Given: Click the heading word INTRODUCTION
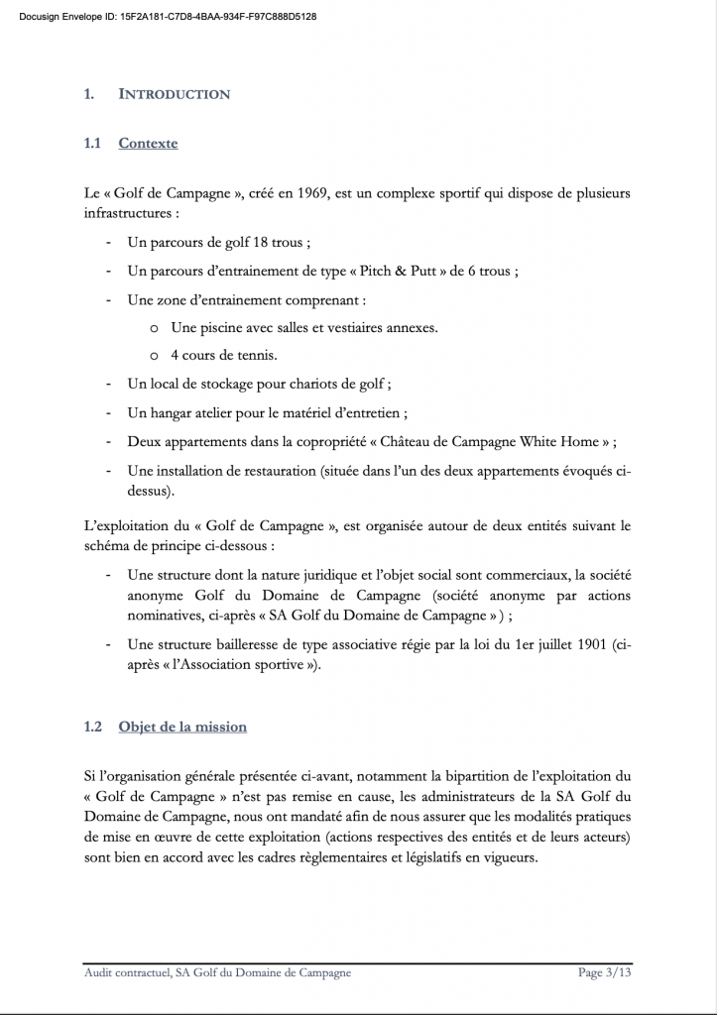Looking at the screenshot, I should (175, 94).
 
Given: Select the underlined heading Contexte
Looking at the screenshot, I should (148, 143).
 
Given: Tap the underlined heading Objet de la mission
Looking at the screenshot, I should (182, 727).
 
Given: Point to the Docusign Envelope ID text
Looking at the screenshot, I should (168, 17).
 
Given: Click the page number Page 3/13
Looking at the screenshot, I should (604, 973).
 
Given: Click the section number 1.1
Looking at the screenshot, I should (93, 143).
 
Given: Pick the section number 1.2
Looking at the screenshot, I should (93, 727).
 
